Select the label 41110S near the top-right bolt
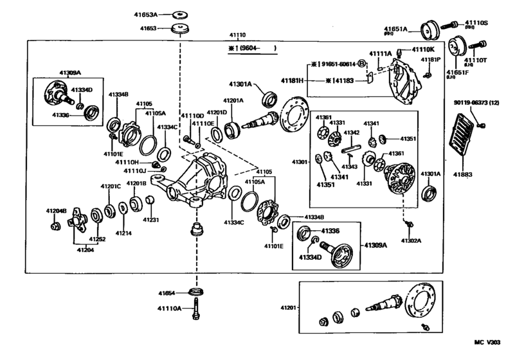[x=476, y=23]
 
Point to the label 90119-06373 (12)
[x=474, y=104]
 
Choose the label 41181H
[x=293, y=80]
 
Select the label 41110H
[x=128, y=163]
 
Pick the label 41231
[x=150, y=220]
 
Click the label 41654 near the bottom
[x=169, y=293]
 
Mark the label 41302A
[x=410, y=240]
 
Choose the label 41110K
[x=424, y=50]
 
